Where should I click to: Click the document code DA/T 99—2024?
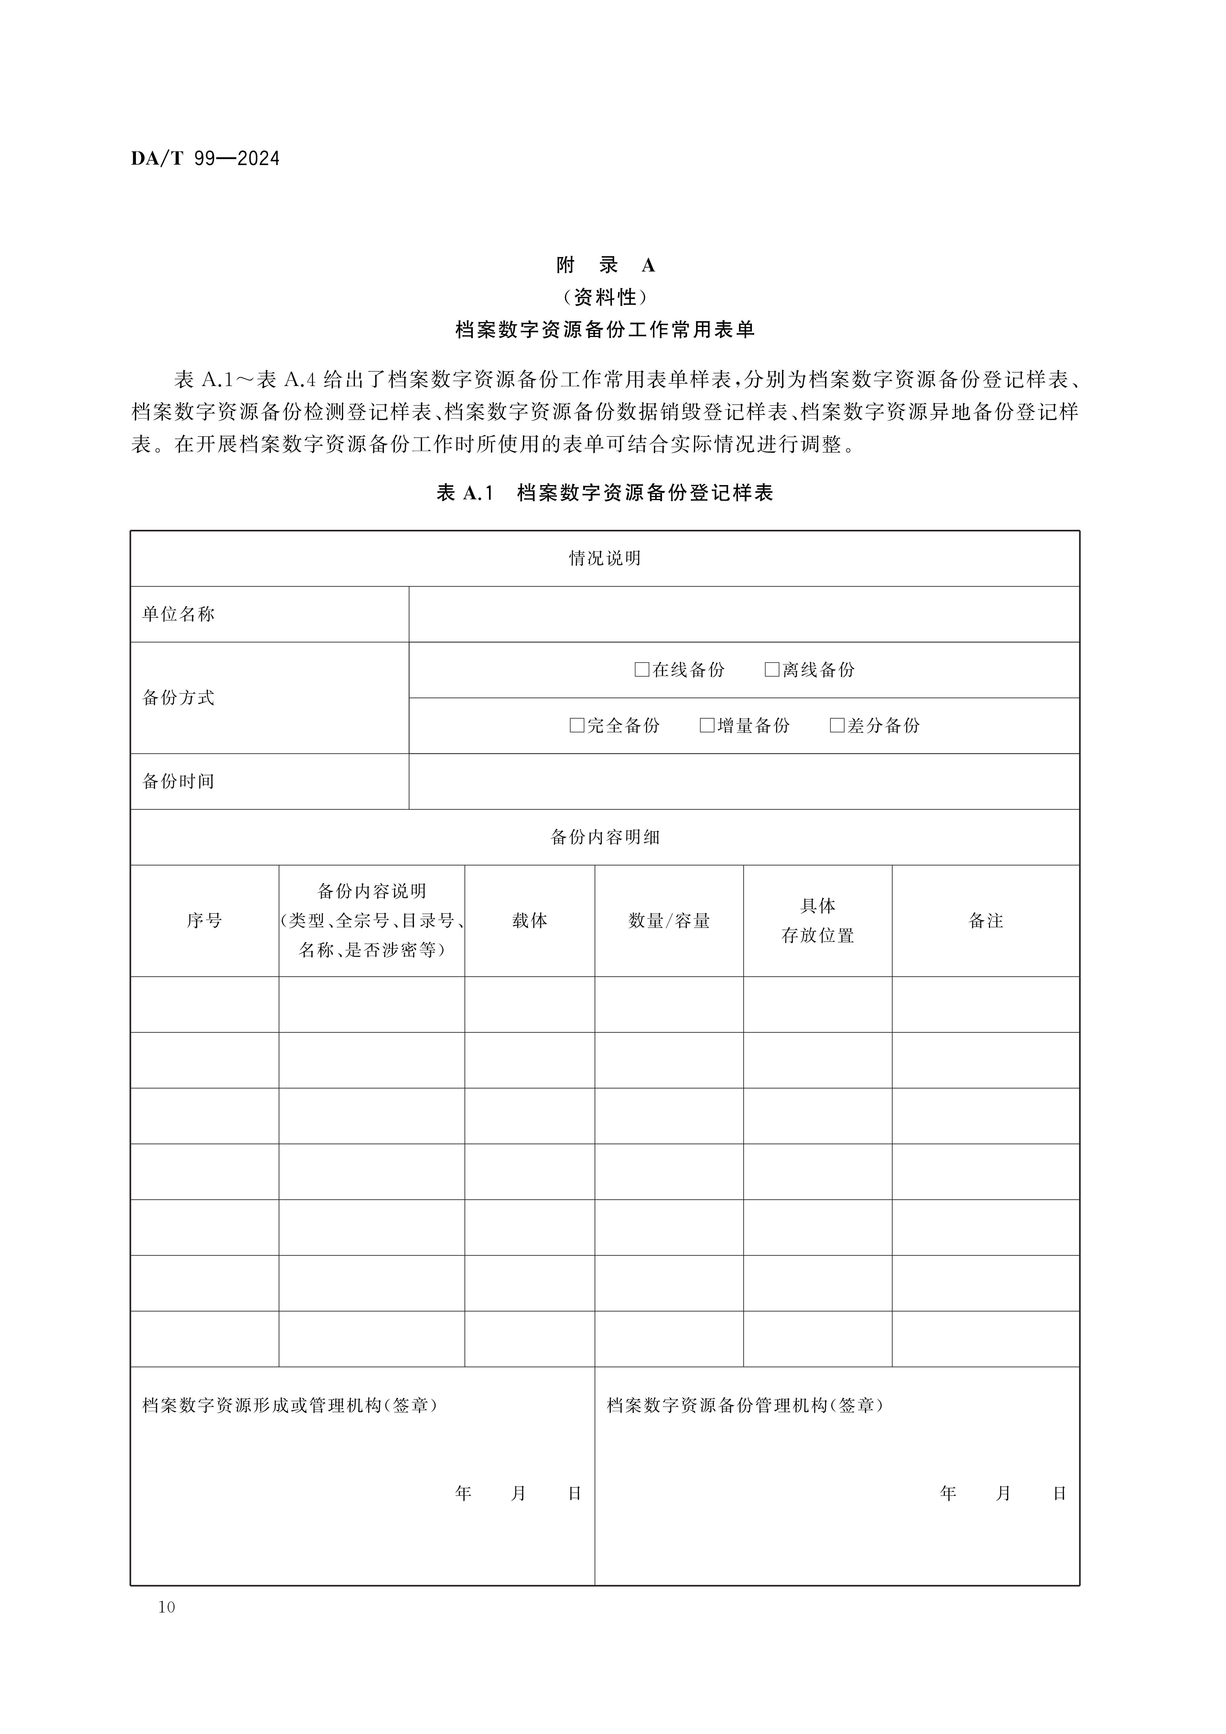(205, 158)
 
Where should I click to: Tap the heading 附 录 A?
(605, 265)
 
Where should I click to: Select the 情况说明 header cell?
(605, 558)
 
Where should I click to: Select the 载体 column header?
(529, 921)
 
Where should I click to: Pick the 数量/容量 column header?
(669, 921)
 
